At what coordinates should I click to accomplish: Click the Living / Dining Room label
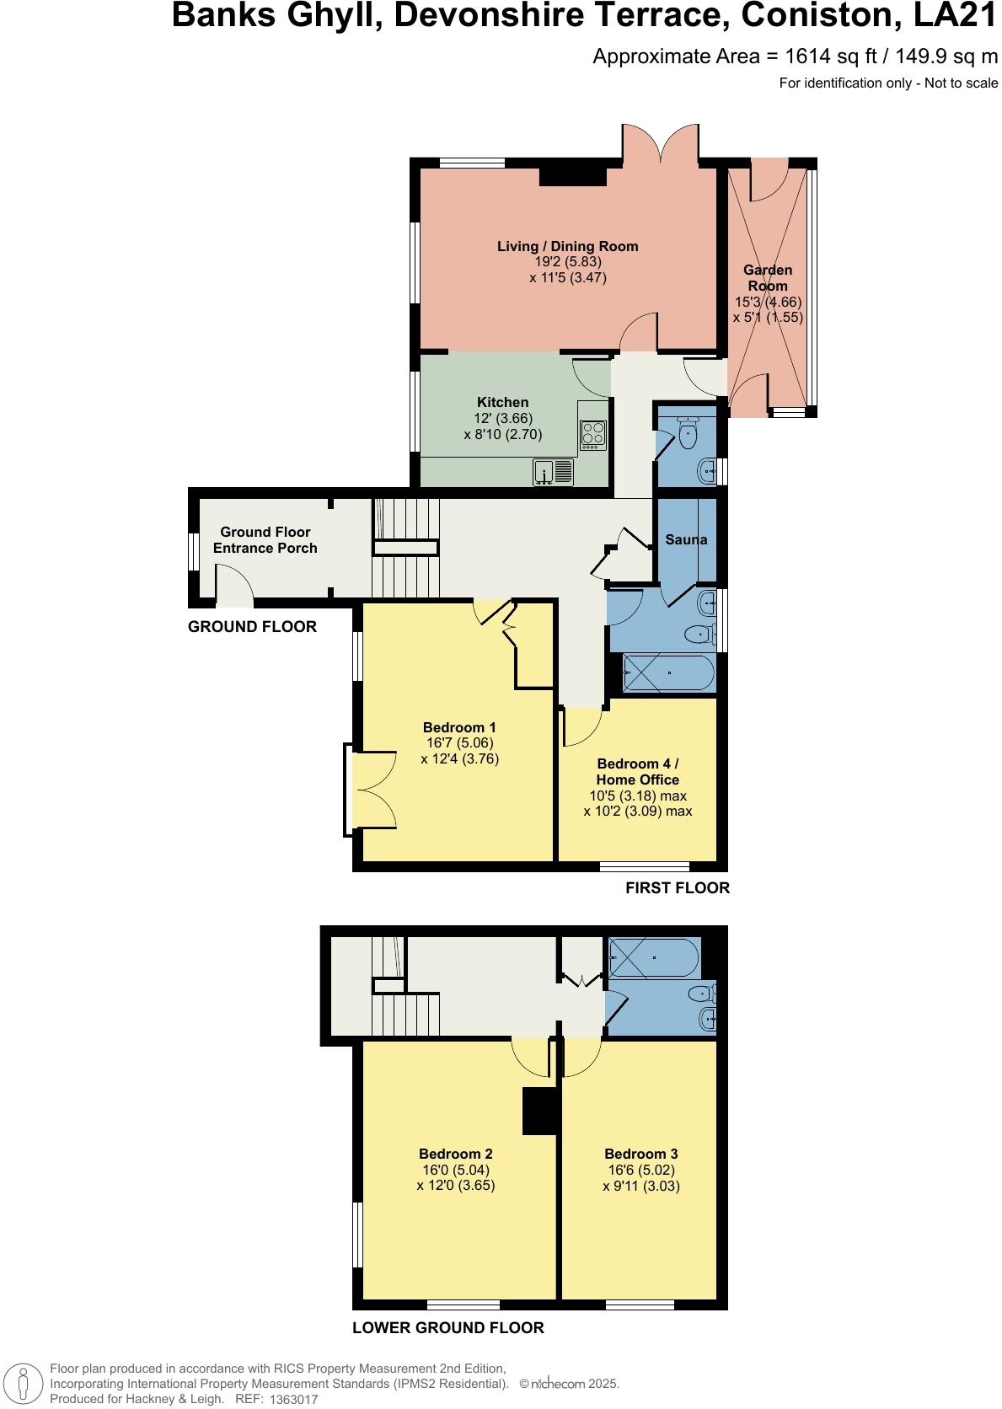point(567,246)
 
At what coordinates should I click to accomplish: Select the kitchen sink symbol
point(554,472)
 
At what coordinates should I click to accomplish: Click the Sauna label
point(686,539)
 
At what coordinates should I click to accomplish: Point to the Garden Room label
point(768,278)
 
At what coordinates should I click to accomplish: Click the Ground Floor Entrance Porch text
point(265,540)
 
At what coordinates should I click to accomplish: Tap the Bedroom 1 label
point(459,727)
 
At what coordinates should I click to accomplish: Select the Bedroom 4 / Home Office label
point(638,772)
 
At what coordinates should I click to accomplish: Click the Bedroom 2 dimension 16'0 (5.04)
point(456,1170)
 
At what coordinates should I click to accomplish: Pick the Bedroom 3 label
point(641,1154)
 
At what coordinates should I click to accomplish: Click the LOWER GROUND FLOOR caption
point(447,1328)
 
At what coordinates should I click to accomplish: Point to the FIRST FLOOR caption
point(678,888)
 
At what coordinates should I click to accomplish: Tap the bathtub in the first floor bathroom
point(669,673)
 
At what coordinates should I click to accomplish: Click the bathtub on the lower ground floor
point(655,958)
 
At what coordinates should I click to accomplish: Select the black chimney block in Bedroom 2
point(540,1111)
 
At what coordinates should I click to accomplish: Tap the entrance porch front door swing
point(234,586)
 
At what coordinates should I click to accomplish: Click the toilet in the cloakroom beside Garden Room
point(688,435)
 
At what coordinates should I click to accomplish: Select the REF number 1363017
point(294,1400)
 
